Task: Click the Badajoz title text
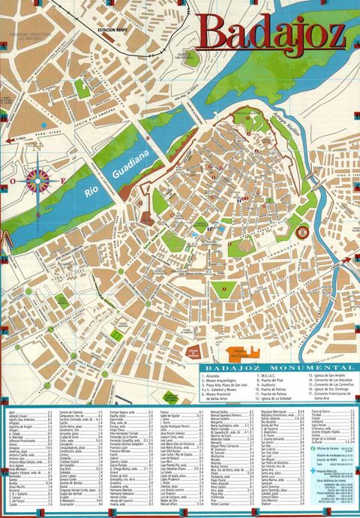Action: point(273,32)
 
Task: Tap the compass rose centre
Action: point(37,180)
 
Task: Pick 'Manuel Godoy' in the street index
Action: point(220,411)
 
